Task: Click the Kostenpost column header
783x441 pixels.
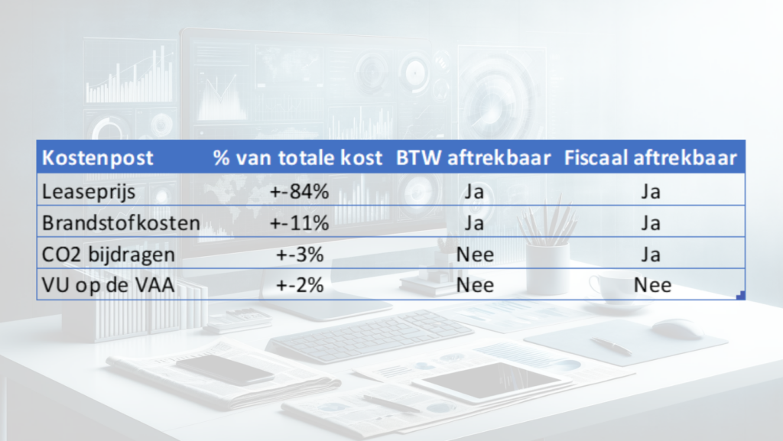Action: [x=97, y=157]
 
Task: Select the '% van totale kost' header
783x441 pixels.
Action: [x=297, y=157]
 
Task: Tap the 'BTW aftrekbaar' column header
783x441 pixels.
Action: [x=473, y=157]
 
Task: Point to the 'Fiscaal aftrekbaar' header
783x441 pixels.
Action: [x=650, y=157]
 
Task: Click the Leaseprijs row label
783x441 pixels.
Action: [x=89, y=192]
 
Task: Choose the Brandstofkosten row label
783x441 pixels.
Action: [x=121, y=223]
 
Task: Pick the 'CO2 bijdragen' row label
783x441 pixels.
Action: [x=109, y=255]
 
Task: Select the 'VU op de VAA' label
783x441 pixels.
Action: [x=109, y=285]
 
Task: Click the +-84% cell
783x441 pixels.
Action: [x=299, y=192]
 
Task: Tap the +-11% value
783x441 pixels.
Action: [x=299, y=223]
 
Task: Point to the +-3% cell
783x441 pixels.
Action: [x=300, y=255]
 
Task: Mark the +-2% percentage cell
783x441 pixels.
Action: [x=300, y=285]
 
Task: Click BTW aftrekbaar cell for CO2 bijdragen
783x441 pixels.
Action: [x=475, y=255]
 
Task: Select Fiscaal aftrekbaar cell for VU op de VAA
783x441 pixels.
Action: [x=652, y=285]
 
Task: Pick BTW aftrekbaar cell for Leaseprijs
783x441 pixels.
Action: [x=474, y=192]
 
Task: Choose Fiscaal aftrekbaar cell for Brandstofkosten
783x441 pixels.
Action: [x=651, y=223]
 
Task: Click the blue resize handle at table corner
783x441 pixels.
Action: [x=741, y=295]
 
